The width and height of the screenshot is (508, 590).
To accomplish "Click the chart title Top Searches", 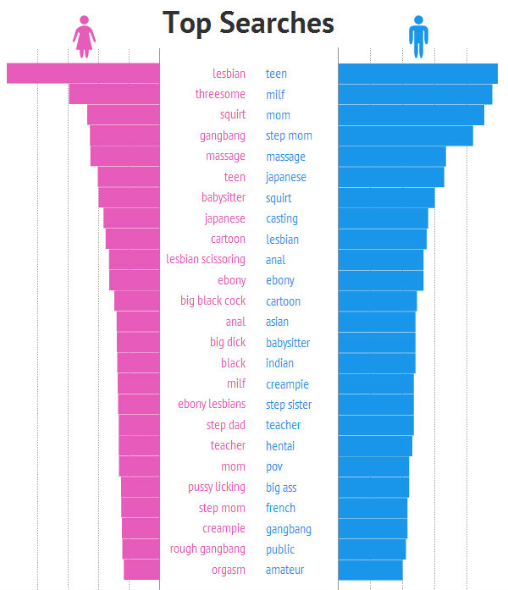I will click(x=248, y=23).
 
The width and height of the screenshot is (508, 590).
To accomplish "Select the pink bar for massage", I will click(x=125, y=157).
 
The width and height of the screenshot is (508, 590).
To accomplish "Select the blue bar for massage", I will click(x=391, y=157).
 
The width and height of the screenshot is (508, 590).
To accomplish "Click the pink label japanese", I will click(x=225, y=218).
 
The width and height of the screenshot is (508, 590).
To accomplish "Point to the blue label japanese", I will click(x=286, y=178).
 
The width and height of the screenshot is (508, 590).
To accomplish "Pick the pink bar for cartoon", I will click(x=133, y=239).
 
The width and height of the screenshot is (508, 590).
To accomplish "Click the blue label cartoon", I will click(x=283, y=301).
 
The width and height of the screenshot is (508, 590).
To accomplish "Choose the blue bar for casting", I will click(x=383, y=218).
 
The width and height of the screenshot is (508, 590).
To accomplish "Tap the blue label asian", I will click(x=277, y=322).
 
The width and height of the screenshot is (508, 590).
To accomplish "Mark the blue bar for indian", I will click(x=376, y=363).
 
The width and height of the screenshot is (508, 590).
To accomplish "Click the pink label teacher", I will click(x=228, y=446).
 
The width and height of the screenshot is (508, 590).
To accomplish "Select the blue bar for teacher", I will click(x=375, y=425).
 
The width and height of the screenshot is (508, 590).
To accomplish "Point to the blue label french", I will click(x=280, y=508).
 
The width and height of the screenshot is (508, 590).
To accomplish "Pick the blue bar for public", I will click(x=372, y=549).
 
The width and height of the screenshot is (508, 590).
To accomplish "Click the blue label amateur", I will click(x=284, y=571).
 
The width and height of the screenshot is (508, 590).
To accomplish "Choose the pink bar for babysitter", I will click(x=130, y=197).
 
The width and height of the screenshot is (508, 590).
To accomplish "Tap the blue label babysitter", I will click(x=288, y=343).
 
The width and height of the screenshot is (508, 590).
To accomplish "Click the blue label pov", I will click(x=274, y=466).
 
